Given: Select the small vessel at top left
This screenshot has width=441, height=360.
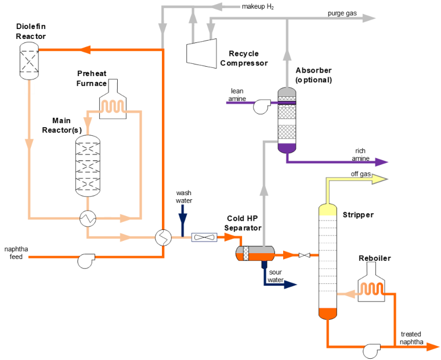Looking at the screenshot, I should click(x=29, y=60).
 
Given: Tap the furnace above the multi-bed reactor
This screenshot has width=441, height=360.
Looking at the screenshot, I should click(x=113, y=102).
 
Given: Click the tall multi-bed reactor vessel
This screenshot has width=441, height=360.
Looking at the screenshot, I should click(x=88, y=166).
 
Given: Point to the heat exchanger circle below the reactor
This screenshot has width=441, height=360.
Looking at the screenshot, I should click(x=88, y=218).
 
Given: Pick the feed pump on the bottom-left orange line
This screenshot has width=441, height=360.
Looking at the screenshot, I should click(x=86, y=261).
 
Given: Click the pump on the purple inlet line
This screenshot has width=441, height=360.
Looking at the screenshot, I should click(x=262, y=106).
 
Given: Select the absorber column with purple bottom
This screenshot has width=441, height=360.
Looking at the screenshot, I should click(x=287, y=120).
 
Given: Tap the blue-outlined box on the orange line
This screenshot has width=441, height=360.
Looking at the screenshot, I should click(x=204, y=237).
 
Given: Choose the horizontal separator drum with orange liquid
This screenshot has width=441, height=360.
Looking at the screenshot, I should click(x=255, y=253).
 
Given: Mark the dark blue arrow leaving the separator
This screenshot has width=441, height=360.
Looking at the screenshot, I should click(x=290, y=285).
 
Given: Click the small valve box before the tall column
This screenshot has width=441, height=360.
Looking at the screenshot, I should click(x=304, y=255).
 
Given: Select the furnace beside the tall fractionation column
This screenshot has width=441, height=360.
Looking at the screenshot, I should click(x=371, y=283).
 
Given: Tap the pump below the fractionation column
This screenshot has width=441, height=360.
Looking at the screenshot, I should click(x=371, y=351).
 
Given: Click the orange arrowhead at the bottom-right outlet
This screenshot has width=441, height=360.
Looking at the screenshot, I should click(x=432, y=347).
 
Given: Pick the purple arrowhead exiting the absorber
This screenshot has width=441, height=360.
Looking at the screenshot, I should click(x=381, y=162).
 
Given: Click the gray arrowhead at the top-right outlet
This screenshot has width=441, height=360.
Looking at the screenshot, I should click(x=369, y=18).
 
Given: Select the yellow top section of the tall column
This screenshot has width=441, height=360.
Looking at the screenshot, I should click(x=328, y=210).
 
